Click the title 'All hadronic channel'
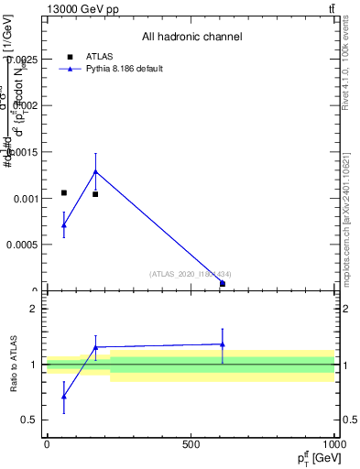191,38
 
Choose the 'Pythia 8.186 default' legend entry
124,69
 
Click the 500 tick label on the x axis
191,444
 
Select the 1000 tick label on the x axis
333,444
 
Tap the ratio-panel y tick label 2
32,309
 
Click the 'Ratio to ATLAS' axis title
15,365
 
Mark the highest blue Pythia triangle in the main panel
95,171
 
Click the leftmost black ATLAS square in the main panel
64,193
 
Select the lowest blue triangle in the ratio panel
64,397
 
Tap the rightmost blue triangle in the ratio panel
223,344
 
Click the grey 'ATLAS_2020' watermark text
191,274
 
